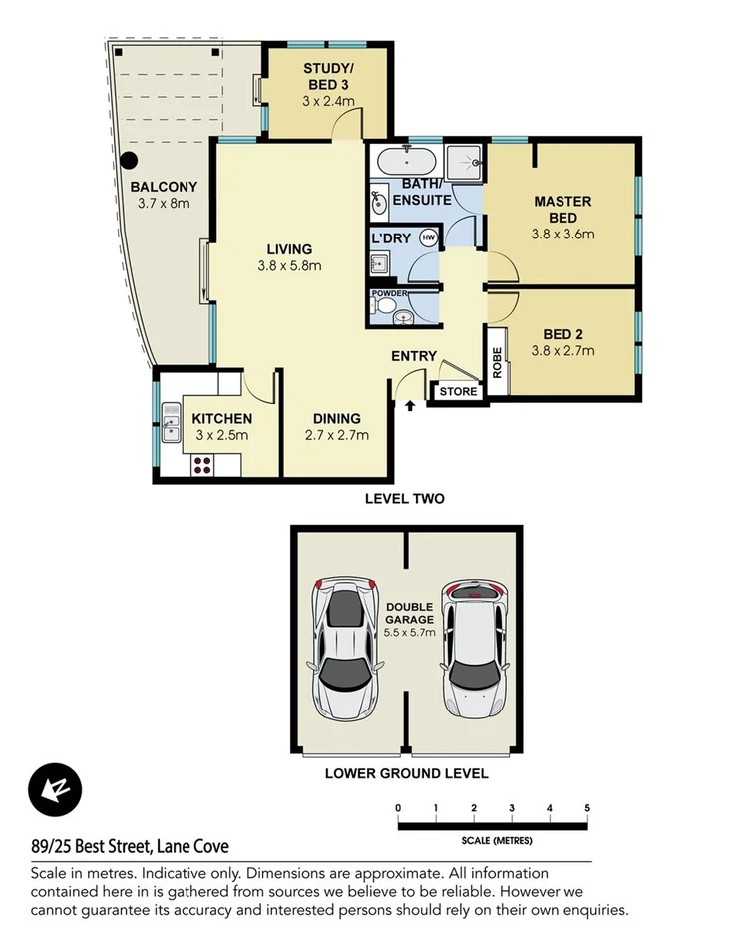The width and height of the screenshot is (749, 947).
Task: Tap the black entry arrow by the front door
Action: [x=409, y=405]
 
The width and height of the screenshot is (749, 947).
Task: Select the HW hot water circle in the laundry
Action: [x=428, y=237]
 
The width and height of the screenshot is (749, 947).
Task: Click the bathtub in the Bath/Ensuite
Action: [x=407, y=160]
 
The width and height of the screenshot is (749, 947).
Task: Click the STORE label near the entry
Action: [x=458, y=392]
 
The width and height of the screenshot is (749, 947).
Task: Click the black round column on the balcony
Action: [x=128, y=160]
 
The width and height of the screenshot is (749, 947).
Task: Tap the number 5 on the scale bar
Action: [x=588, y=807]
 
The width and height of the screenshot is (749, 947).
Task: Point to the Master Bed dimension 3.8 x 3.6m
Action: [x=563, y=235]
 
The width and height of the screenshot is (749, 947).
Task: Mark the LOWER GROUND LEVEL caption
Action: [x=405, y=772]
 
